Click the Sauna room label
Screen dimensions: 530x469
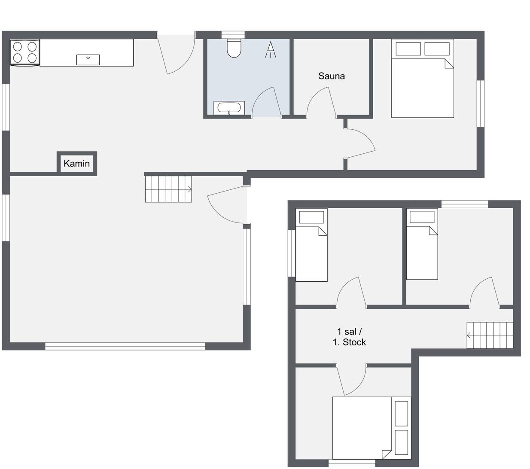coord(331,76)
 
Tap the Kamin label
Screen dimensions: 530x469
coord(76,164)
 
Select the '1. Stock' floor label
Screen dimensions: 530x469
coord(349,342)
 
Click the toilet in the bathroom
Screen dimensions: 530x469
coord(234,48)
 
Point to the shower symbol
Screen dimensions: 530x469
coord(270,50)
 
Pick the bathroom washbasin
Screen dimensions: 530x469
coord(229,108)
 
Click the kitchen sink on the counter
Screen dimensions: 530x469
coord(88,60)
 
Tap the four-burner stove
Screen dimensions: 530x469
coord(25,52)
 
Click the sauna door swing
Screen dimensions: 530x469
coord(322,102)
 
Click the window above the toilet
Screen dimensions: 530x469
coord(233,35)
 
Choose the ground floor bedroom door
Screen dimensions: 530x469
coord(359,143)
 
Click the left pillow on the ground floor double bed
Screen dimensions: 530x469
coord(408,49)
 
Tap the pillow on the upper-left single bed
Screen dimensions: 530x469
coord(311,217)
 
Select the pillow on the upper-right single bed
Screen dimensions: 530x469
coord(422,217)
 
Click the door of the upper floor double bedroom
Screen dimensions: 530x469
coord(351,379)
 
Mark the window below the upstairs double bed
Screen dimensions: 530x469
coord(352,463)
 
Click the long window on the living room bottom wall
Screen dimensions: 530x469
coord(125,346)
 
